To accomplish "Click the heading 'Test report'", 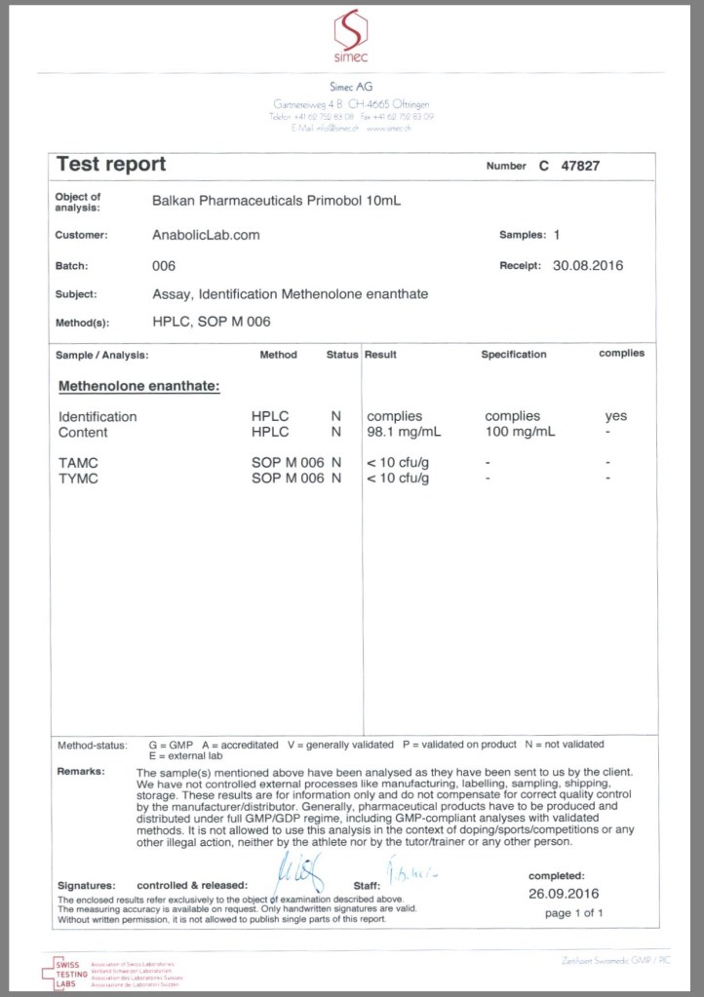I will (111, 165).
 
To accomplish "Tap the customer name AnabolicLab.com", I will (206, 235).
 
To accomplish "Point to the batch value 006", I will (164, 265).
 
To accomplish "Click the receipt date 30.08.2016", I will (587, 265).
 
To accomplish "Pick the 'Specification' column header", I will (513, 355).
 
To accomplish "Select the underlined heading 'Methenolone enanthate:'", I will (138, 387).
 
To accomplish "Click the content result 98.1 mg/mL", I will (400, 432).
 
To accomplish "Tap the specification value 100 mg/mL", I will (521, 432).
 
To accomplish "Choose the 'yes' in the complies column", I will (615, 416).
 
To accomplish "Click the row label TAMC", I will (78, 464).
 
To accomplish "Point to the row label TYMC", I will (78, 479).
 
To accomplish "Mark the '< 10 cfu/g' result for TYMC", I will (399, 479).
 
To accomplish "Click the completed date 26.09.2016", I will (564, 893).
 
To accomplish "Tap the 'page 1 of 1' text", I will (574, 913).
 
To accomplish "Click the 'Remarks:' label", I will (81, 771).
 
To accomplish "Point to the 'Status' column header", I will (341, 355).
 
